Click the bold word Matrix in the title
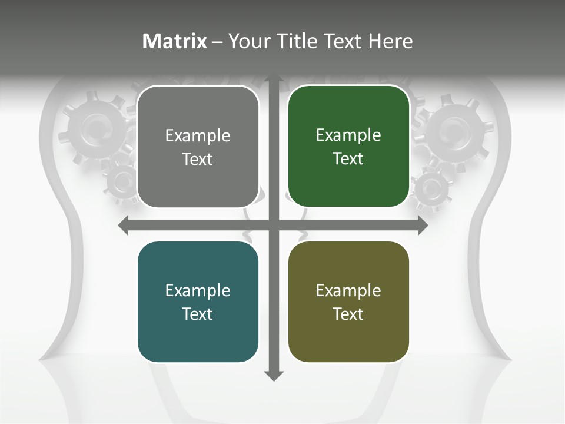[175, 41]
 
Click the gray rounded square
[198, 147]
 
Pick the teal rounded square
[198, 302]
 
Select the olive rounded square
[348, 302]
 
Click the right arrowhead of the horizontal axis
[423, 226]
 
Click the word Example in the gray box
[198, 136]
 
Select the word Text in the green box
[348, 159]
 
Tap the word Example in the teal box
[198, 291]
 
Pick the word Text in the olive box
[348, 314]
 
